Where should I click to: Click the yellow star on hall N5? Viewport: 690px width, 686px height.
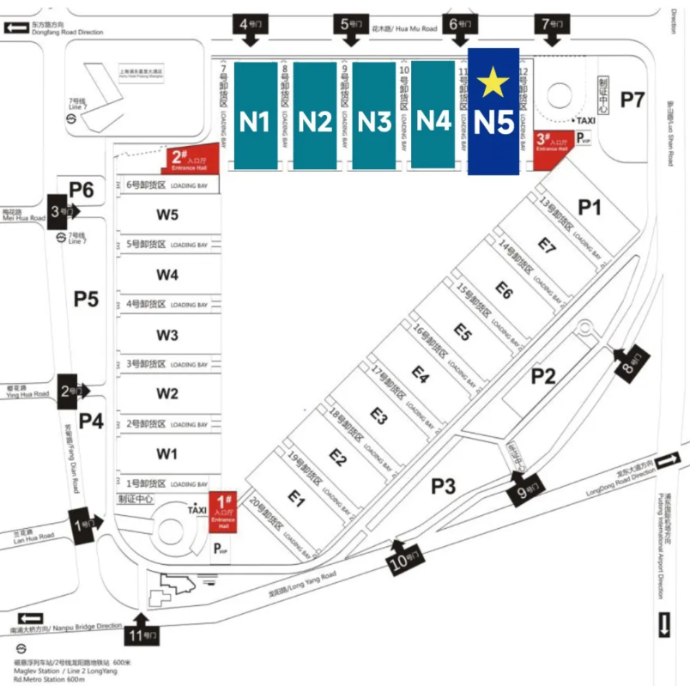(493, 83)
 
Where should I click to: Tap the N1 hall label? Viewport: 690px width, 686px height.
(255, 122)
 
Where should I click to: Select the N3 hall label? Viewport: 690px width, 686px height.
(375, 122)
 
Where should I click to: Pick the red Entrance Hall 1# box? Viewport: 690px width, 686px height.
(224, 513)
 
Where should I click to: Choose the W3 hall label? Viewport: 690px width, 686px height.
(167, 335)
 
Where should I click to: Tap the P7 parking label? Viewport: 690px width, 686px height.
(632, 100)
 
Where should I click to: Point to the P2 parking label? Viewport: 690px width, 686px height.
(543, 375)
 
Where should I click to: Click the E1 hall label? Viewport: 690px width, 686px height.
(296, 496)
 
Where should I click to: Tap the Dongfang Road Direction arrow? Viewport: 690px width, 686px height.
(15, 28)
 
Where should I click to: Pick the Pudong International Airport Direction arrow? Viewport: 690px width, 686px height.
(665, 624)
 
